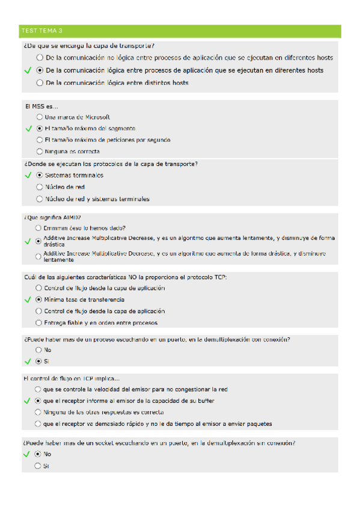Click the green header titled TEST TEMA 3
180,31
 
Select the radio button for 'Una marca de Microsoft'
40,117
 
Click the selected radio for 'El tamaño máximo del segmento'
40,129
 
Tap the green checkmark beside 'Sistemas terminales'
28,176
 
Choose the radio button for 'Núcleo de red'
40,187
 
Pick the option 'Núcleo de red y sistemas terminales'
40,199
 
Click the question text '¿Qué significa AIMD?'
53,217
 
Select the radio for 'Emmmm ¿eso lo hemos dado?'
40,229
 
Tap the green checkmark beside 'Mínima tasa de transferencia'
28,300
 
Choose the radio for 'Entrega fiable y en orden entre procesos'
40,323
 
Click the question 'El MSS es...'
37,106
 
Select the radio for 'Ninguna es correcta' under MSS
40,152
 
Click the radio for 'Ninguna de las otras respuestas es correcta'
40,412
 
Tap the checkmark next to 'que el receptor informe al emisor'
28,401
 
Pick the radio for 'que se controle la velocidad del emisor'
40,389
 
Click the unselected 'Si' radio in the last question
40,465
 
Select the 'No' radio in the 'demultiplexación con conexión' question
40,349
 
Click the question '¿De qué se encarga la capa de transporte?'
89,46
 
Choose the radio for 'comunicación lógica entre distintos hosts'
40,83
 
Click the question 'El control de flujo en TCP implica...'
72,378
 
